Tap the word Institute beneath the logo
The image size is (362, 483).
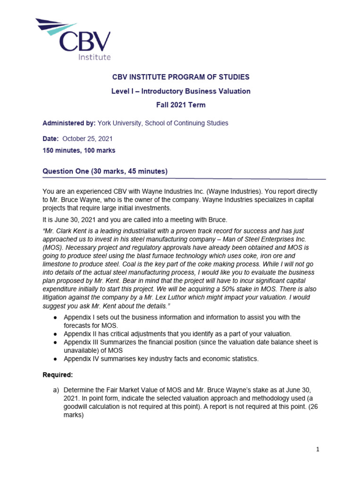[94, 57]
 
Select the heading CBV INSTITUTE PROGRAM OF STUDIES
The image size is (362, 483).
[181, 77]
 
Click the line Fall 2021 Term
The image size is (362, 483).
[181, 105]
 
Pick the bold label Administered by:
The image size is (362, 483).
[69, 123]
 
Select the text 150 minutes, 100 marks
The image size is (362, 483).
[79, 150]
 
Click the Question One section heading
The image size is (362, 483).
[105, 171]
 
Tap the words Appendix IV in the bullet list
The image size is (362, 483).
[82, 358]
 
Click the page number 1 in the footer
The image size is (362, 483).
[318, 450]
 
